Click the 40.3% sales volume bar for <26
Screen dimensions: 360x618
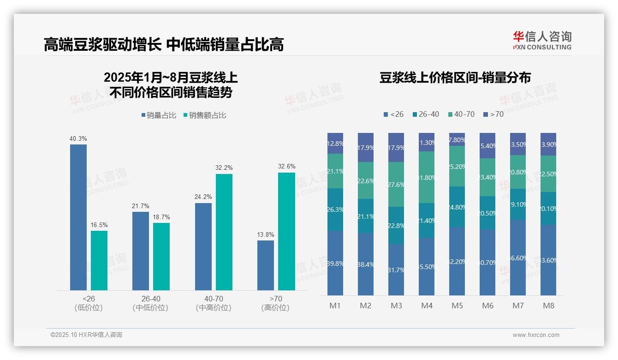[78, 217]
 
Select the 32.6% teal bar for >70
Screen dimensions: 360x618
[286, 231]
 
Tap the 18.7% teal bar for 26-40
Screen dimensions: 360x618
[161, 256]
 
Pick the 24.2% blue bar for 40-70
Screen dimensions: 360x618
[203, 246]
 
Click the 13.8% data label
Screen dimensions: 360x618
[265, 234]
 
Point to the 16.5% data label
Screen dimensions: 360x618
[99, 225]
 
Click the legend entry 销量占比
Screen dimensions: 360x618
[159, 115]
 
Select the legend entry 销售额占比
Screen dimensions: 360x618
[205, 115]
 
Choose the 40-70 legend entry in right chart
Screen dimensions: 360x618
[461, 114]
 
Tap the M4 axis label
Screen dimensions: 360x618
[427, 306]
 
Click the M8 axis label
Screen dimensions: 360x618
[548, 306]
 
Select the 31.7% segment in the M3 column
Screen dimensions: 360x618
[396, 270]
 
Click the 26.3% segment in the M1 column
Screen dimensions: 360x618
[335, 209]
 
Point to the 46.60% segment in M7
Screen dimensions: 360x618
[518, 258]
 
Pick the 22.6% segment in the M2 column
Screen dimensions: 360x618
[366, 180]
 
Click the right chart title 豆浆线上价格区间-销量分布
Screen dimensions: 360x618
[455, 78]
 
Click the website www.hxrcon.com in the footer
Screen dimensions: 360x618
[535, 335]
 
